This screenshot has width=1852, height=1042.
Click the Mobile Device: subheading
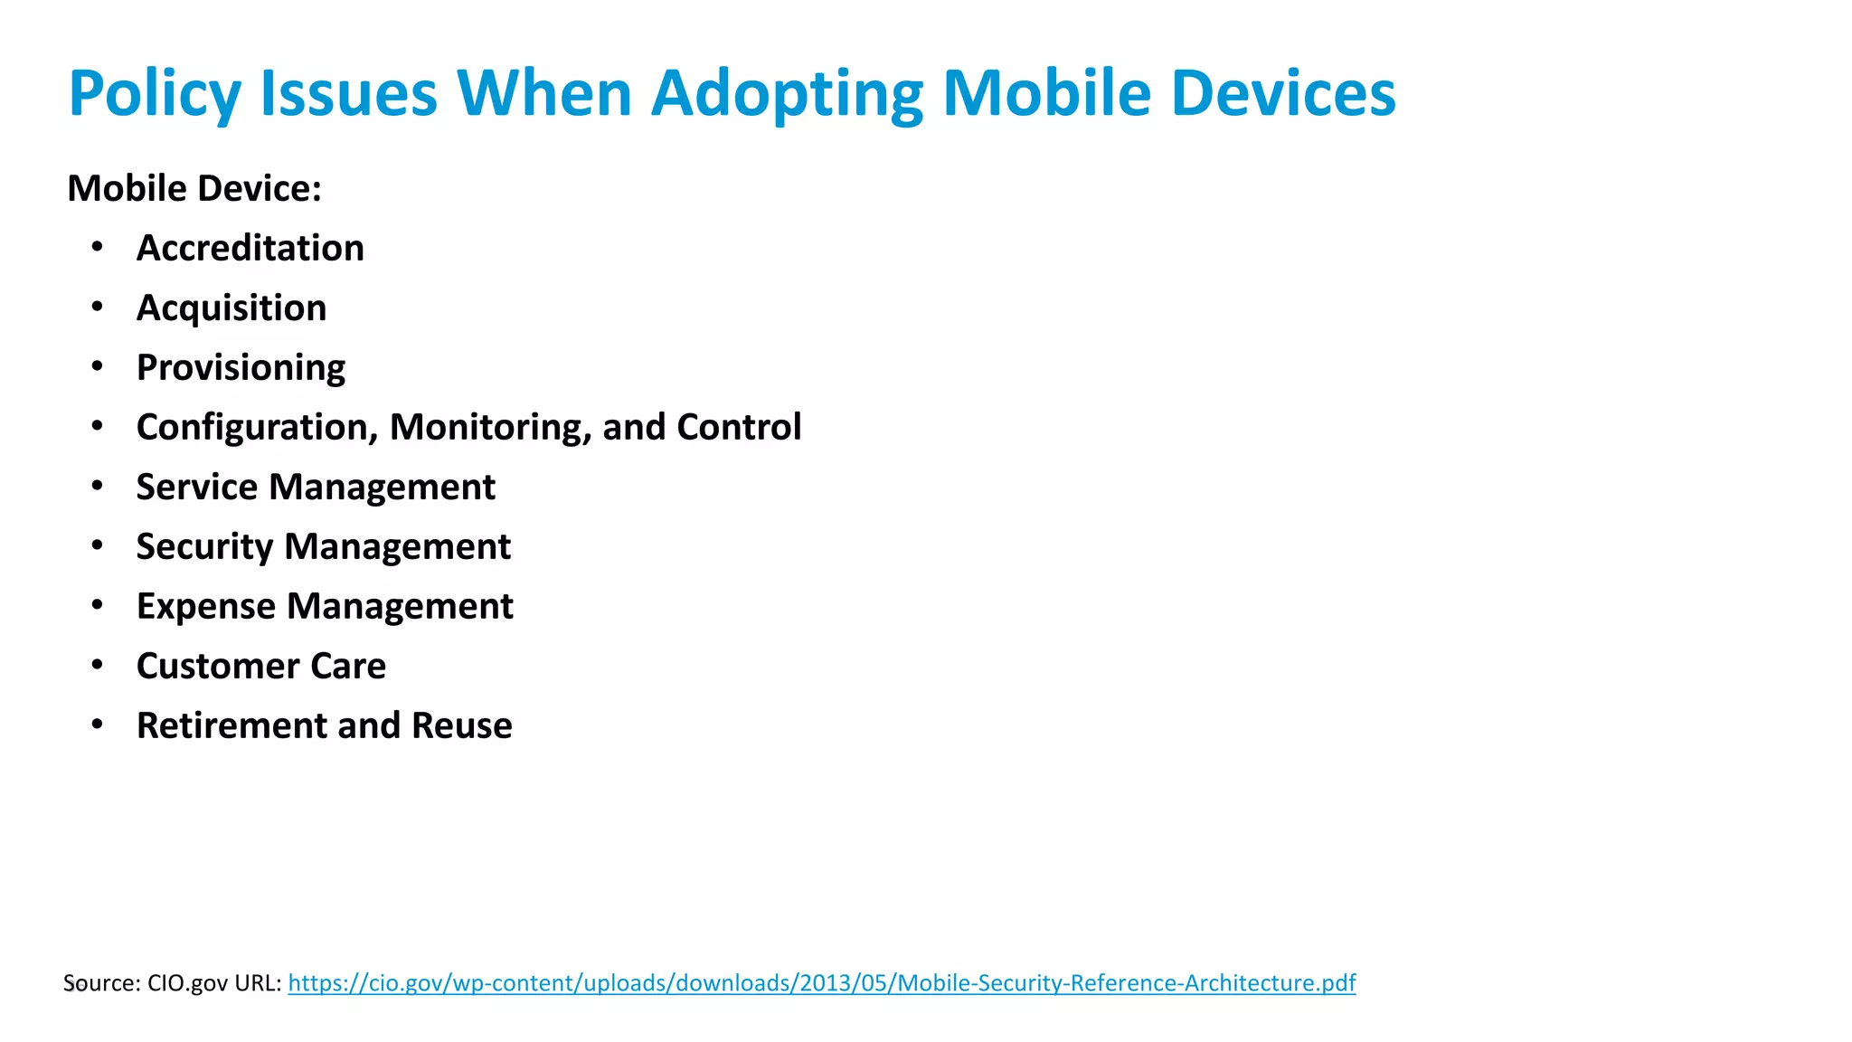194,189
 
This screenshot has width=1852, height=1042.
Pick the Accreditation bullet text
250,249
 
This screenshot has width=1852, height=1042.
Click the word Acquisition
231,308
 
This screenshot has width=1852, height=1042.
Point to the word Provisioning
241,368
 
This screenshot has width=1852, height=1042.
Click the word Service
197,488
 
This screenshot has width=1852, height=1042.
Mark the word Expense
205,607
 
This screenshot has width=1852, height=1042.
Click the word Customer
217,667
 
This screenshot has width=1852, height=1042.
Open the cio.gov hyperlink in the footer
821,983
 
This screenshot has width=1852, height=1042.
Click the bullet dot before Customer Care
98,665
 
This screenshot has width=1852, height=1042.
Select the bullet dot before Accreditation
98,247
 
